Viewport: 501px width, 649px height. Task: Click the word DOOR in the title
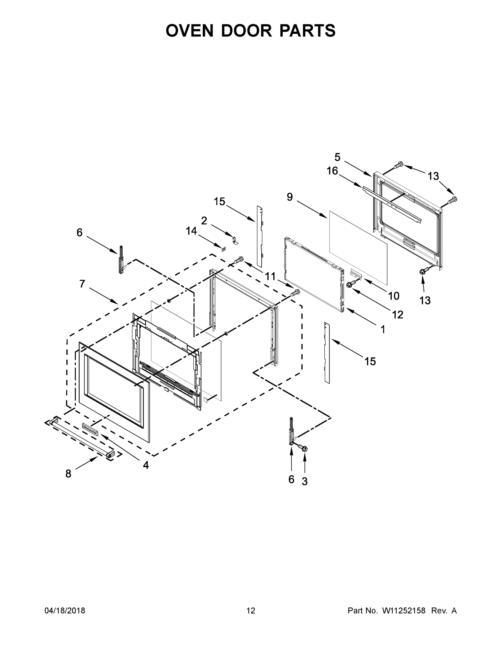(x=246, y=31)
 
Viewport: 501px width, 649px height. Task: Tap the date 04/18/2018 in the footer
(x=65, y=610)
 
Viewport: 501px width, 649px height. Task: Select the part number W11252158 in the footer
(x=404, y=610)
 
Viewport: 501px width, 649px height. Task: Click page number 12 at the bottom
(x=251, y=610)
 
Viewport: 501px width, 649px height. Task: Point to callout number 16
(x=332, y=171)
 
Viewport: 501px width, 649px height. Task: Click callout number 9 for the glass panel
(x=290, y=197)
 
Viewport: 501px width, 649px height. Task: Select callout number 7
(x=82, y=284)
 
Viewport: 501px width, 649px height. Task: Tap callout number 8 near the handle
(x=68, y=474)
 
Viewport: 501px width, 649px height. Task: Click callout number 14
(x=191, y=231)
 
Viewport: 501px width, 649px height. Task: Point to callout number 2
(x=204, y=220)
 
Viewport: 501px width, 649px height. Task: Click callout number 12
(x=398, y=315)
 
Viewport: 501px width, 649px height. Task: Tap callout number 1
(x=383, y=329)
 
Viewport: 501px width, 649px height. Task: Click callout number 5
(x=337, y=157)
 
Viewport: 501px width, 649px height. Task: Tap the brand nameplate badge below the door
(x=90, y=430)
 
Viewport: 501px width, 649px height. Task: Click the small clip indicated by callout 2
(x=235, y=240)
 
